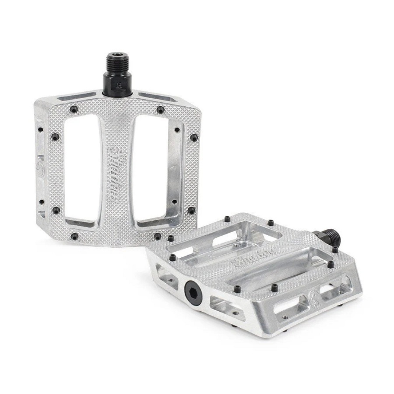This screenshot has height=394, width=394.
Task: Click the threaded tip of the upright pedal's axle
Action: tap(116, 61)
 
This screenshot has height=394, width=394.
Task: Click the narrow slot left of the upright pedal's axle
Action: tap(78, 96)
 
